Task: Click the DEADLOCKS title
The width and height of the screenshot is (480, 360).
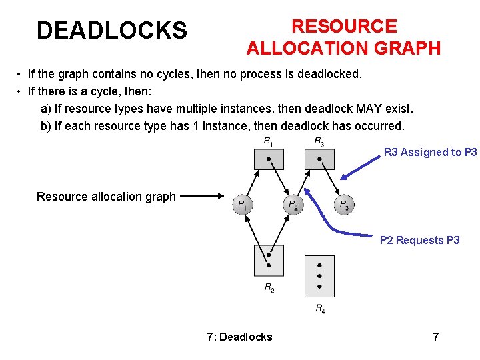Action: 112,30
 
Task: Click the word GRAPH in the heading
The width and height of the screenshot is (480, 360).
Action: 409,48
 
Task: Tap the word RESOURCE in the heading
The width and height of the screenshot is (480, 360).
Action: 344,26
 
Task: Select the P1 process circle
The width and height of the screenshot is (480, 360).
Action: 243,204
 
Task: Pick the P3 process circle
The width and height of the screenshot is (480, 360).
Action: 343,204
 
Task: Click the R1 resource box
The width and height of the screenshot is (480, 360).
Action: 269,159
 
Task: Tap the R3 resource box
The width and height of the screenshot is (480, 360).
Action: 319,159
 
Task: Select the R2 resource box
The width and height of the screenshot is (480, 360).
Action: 269,260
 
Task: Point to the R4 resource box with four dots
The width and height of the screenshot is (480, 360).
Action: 319,275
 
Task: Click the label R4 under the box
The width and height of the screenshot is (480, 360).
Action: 320,309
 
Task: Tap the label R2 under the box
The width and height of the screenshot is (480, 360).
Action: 269,288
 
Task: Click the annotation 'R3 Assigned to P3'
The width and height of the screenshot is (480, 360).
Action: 430,152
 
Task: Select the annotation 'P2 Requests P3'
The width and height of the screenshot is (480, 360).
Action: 419,240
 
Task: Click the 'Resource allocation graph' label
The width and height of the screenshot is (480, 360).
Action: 106,196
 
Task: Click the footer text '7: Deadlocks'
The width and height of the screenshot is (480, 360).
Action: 239,337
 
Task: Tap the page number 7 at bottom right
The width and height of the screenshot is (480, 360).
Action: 436,337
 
